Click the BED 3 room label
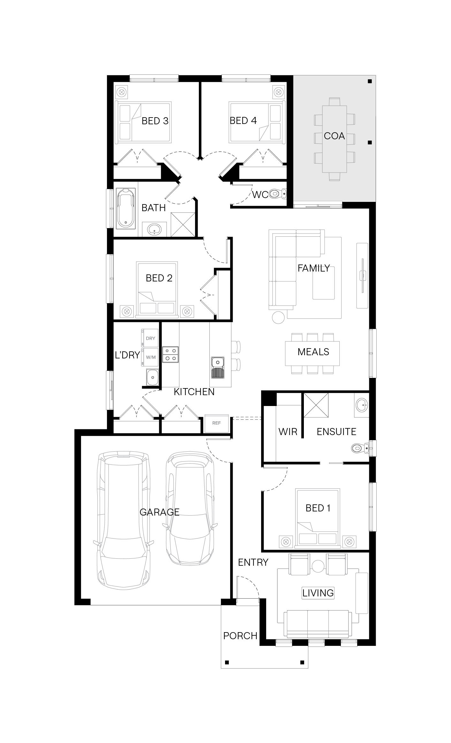click(x=155, y=121)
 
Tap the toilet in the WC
click(x=277, y=193)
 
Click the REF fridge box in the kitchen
click(x=216, y=423)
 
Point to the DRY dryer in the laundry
click(x=150, y=338)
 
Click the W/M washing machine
click(x=150, y=357)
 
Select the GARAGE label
click(x=160, y=512)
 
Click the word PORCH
click(x=240, y=636)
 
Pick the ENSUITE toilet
click(x=360, y=448)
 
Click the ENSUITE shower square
click(x=316, y=405)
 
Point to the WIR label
click(x=288, y=432)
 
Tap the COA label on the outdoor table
click(x=334, y=136)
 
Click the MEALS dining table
click(x=312, y=353)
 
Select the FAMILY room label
click(x=314, y=268)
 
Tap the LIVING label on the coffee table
click(x=318, y=593)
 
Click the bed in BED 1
click(x=318, y=517)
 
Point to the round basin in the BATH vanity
click(x=154, y=229)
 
